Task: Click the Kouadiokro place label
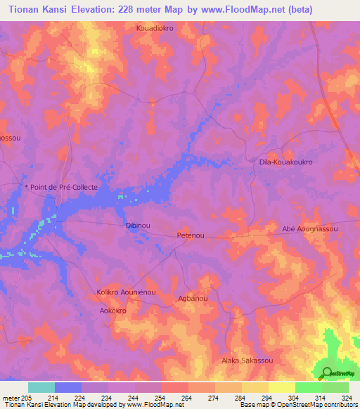click(155, 28)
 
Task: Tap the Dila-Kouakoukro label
click(285, 162)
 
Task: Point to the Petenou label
click(191, 235)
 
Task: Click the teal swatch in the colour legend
click(41, 387)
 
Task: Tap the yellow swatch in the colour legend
click(281, 387)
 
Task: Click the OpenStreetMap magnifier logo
click(325, 374)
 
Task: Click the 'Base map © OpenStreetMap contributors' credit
click(297, 405)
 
